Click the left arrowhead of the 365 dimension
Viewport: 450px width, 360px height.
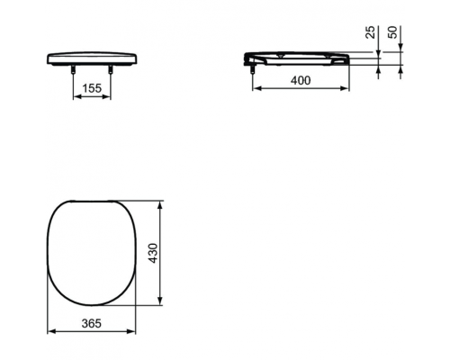point(49,332)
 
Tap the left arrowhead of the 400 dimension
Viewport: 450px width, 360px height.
point(253,89)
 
